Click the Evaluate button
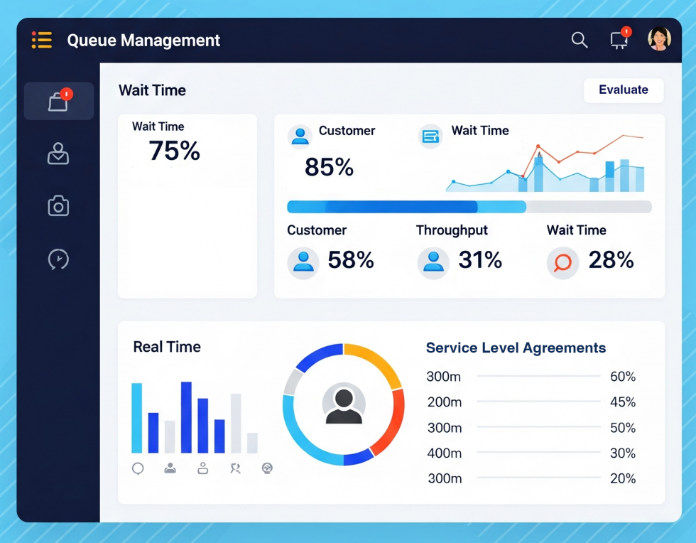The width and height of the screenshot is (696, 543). click(623, 90)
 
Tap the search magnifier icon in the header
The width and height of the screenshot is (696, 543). click(580, 41)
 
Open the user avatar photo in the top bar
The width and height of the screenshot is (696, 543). click(659, 39)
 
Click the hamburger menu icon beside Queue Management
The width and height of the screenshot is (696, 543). click(42, 40)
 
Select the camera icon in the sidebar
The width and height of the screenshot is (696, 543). click(58, 206)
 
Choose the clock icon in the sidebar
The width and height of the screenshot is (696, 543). click(58, 259)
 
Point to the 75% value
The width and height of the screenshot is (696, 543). click(174, 151)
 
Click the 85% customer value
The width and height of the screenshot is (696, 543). click(329, 168)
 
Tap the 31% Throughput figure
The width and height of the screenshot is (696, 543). click(480, 260)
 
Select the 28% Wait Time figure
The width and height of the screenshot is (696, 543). click(611, 260)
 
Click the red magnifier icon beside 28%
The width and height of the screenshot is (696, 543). click(562, 262)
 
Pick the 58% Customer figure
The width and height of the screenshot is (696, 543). click(351, 260)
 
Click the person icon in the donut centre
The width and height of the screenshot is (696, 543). click(344, 405)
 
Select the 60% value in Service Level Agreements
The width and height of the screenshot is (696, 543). click(623, 377)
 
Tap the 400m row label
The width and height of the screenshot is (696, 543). click(445, 453)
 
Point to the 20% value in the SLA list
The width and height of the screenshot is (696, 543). click(623, 478)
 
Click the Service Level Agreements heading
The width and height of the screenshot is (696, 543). click(516, 348)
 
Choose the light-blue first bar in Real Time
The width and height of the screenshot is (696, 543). click(136, 418)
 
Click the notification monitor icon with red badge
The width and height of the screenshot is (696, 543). click(619, 41)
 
